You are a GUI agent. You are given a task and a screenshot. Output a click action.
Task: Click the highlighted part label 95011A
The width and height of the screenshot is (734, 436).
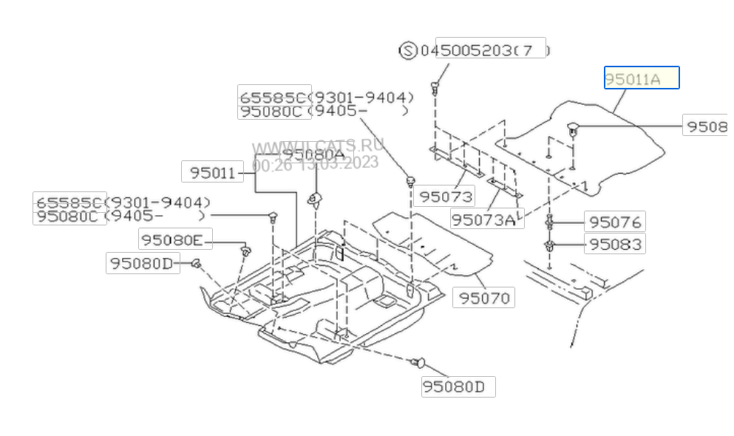[x=641, y=78]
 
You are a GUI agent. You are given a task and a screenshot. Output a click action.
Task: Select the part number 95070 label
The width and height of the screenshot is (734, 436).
[x=484, y=298]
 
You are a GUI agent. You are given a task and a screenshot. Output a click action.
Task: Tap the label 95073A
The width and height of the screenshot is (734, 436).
[x=483, y=219]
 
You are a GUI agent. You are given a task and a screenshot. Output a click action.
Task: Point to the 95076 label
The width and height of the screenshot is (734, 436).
[x=614, y=222]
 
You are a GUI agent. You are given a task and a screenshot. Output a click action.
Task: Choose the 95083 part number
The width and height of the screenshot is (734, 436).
[x=614, y=243]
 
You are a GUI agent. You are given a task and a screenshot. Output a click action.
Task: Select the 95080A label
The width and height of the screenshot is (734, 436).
[x=313, y=154]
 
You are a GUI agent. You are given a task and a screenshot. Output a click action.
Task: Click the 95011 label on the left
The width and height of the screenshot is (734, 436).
[x=212, y=173]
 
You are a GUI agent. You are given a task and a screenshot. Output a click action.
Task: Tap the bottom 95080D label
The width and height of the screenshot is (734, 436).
[x=458, y=386]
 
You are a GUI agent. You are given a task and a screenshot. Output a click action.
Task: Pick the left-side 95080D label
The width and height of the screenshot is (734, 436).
[x=142, y=262]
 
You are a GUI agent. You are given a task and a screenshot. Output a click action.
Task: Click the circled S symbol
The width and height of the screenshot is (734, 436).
[x=408, y=50]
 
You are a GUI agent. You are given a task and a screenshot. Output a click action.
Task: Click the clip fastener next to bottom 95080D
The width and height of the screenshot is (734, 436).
[x=418, y=362]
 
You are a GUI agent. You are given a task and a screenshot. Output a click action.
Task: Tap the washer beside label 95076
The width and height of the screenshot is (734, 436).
[x=551, y=221]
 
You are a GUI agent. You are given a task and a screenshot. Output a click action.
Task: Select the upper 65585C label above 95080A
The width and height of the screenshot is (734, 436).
[x=273, y=97]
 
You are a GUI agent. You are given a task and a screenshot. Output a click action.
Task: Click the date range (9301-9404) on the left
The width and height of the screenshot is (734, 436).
[x=157, y=202]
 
